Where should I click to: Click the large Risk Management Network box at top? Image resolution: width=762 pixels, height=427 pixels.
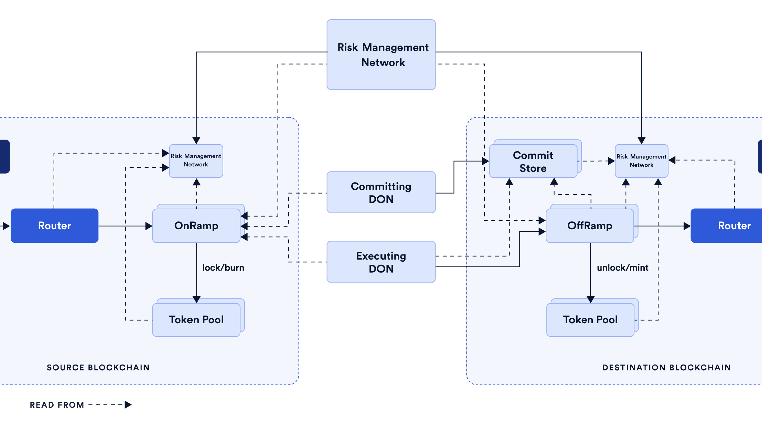tap(381, 55)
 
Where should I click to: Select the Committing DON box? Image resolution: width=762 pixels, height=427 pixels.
tap(381, 193)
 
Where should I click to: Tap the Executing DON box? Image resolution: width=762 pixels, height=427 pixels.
tap(381, 262)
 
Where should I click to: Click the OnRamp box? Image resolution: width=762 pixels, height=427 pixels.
tap(196, 226)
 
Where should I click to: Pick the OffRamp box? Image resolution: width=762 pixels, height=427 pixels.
tap(590, 226)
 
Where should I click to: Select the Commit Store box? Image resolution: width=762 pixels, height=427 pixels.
tap(533, 161)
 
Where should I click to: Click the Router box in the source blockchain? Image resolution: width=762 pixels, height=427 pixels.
tap(54, 226)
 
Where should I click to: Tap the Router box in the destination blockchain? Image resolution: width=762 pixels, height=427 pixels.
tap(732, 226)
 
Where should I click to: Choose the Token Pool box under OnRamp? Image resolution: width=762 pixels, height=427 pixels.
tap(196, 320)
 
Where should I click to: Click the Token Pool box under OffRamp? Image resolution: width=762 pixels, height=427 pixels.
tap(590, 320)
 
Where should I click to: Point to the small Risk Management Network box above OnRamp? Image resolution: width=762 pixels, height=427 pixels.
tap(196, 161)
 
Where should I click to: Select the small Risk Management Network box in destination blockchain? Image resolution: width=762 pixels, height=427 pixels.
tap(641, 161)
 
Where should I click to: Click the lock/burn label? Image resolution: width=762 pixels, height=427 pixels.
tap(223, 268)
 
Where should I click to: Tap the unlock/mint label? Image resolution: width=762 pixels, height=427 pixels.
tap(623, 268)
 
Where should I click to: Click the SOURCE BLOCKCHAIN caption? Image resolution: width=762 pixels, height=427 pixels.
tap(98, 368)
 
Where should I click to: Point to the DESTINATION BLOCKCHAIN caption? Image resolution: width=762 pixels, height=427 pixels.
tap(666, 368)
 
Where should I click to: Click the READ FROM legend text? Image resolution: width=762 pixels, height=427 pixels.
tap(57, 405)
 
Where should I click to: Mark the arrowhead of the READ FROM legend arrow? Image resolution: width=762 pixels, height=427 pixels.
tap(128, 405)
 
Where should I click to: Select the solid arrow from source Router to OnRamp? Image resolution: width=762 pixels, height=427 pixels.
tap(125, 226)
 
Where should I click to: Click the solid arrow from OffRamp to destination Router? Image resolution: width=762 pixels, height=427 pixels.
tap(662, 226)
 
